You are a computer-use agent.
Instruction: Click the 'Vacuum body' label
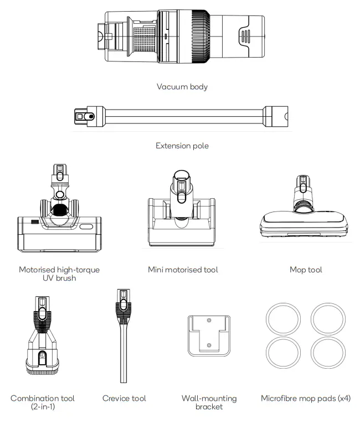coord(182,87)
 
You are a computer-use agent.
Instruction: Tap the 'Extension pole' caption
coord(182,146)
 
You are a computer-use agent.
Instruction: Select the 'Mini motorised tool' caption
coord(183,270)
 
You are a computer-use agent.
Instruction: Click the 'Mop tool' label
coord(305,270)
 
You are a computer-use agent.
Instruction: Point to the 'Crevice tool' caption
coord(124,398)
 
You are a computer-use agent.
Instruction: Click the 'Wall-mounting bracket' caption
coord(209,402)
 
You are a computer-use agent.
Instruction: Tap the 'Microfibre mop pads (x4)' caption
coord(305,398)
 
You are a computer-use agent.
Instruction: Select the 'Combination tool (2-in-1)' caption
coord(43,402)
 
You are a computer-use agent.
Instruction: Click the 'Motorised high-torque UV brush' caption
coord(59,273)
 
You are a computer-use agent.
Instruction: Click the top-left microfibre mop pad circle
coord(282,319)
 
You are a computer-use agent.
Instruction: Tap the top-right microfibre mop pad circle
coord(328,319)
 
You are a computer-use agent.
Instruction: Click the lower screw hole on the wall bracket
coord(209,345)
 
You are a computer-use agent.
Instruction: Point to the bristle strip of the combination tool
coord(43,368)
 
